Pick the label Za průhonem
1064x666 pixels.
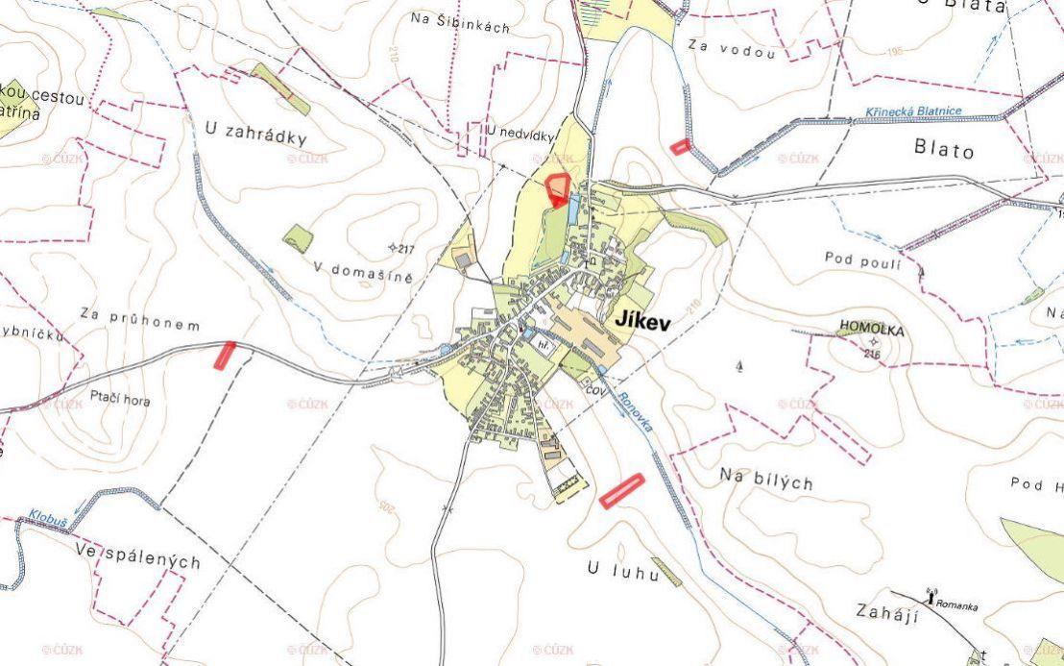click(140, 319)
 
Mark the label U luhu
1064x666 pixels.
click(623, 572)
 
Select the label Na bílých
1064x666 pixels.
click(766, 480)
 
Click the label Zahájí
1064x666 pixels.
click(886, 612)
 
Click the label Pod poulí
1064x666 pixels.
click(862, 259)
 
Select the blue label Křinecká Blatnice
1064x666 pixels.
click(912, 111)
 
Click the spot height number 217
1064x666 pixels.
click(405, 251)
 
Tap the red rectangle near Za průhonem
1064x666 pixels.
click(226, 355)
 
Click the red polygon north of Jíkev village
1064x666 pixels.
click(557, 189)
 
